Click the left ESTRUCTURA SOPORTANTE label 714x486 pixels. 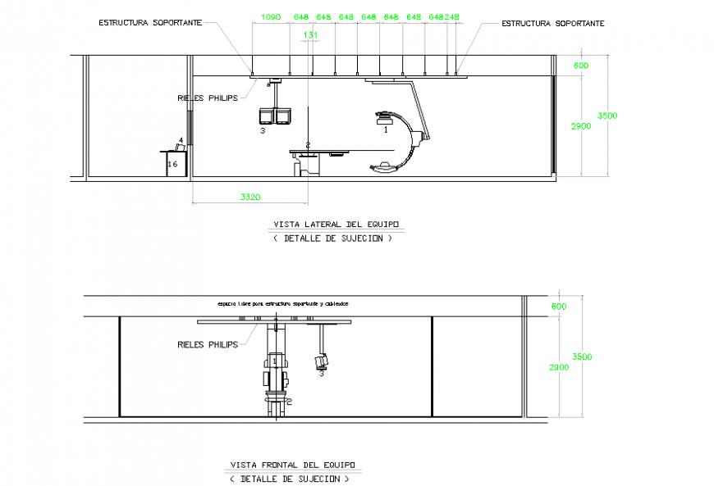[149, 23]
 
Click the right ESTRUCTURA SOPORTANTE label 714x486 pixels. [553, 24]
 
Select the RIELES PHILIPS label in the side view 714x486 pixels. [207, 98]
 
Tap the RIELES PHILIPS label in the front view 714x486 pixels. [207, 344]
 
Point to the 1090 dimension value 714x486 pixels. [270, 16]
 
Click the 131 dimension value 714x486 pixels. [310, 35]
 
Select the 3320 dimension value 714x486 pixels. [250, 197]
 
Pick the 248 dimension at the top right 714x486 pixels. [452, 16]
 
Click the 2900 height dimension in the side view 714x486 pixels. [580, 125]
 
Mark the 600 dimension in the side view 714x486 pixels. [581, 66]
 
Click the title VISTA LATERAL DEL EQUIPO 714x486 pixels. [338, 224]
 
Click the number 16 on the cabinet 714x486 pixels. [172, 164]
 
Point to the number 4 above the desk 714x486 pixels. [181, 141]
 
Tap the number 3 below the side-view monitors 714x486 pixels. [263, 130]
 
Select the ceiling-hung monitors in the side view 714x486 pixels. [275, 116]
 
